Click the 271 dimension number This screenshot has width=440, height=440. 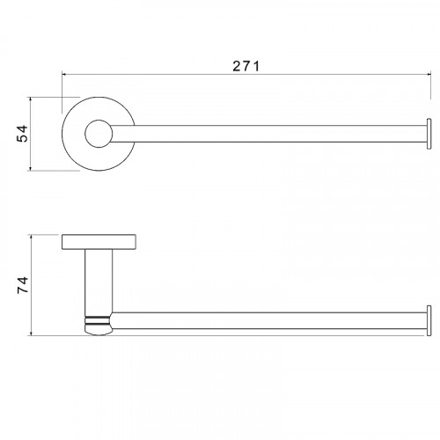coord(246,66)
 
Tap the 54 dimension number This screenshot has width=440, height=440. coord(22,134)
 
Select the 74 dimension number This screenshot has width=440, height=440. coord(23,284)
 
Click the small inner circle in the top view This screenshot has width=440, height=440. coord(99,134)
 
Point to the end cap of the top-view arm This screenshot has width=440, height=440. coord(429,134)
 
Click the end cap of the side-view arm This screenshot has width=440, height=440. coord(429,320)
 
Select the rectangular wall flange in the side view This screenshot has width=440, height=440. coord(99,242)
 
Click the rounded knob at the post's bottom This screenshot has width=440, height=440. coord(99,329)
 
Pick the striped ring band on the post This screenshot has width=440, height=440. coord(97,320)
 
